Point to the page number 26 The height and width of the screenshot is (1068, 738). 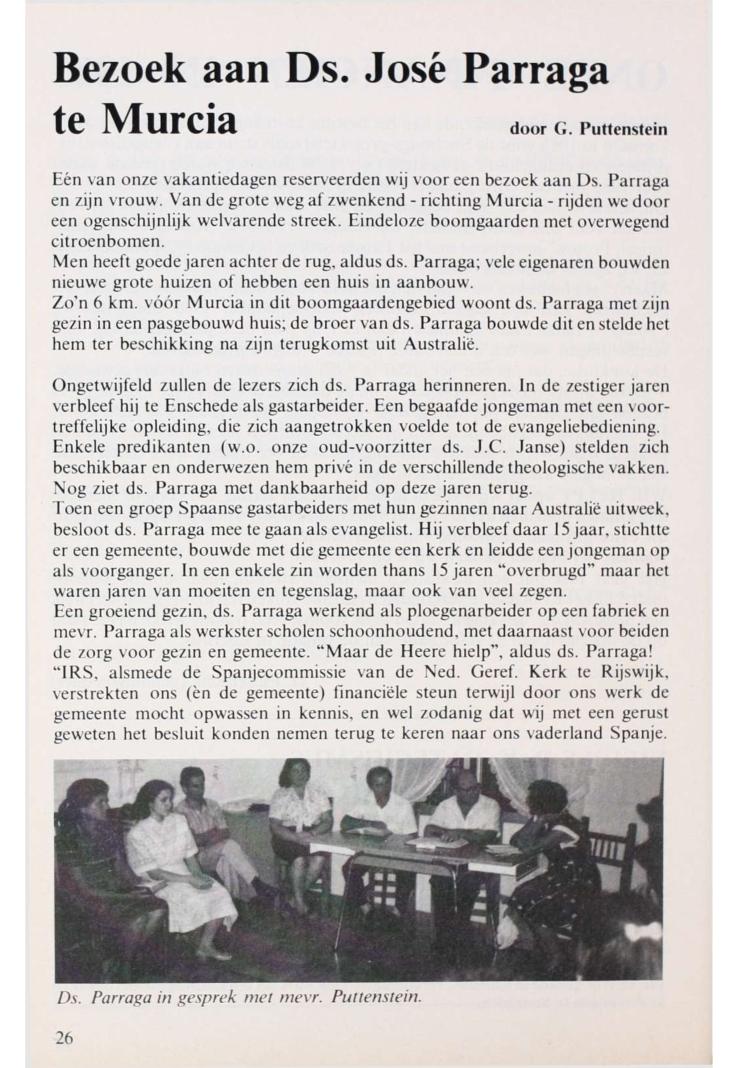click(64, 1036)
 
